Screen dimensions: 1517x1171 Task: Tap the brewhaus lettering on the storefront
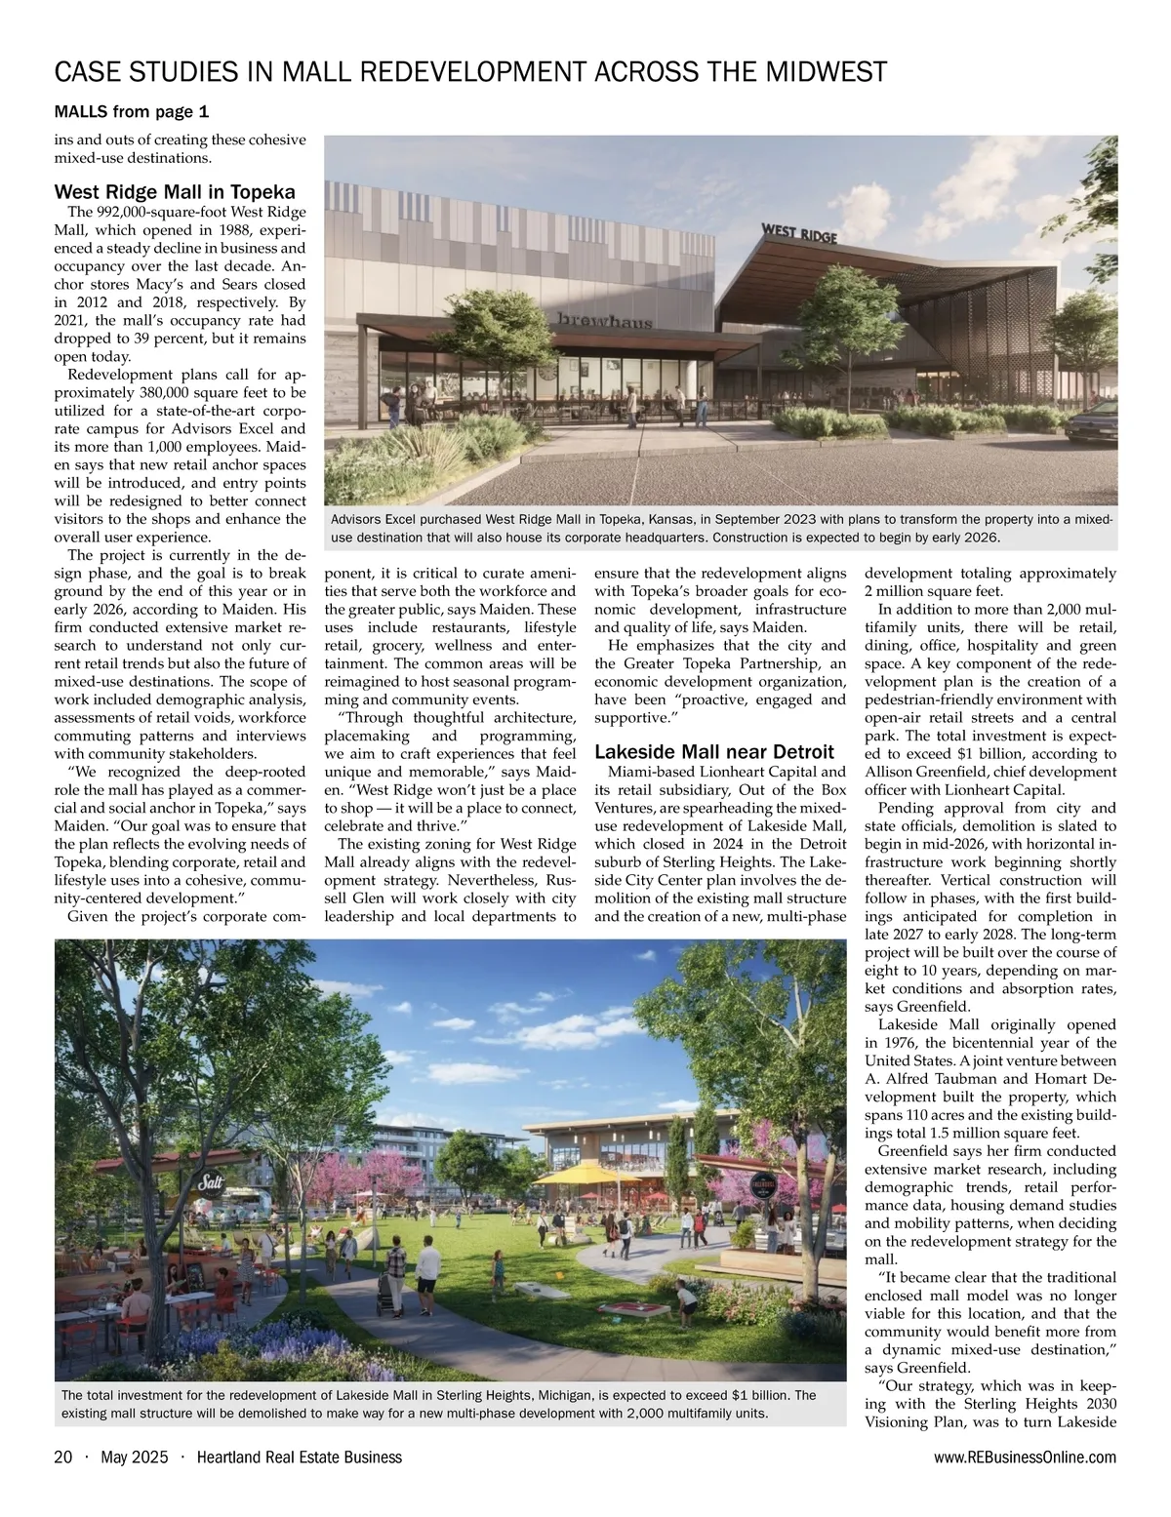605,321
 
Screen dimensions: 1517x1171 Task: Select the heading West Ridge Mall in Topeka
175,191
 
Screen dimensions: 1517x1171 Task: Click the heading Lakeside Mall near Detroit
714,751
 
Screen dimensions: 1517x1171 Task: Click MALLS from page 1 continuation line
132,112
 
